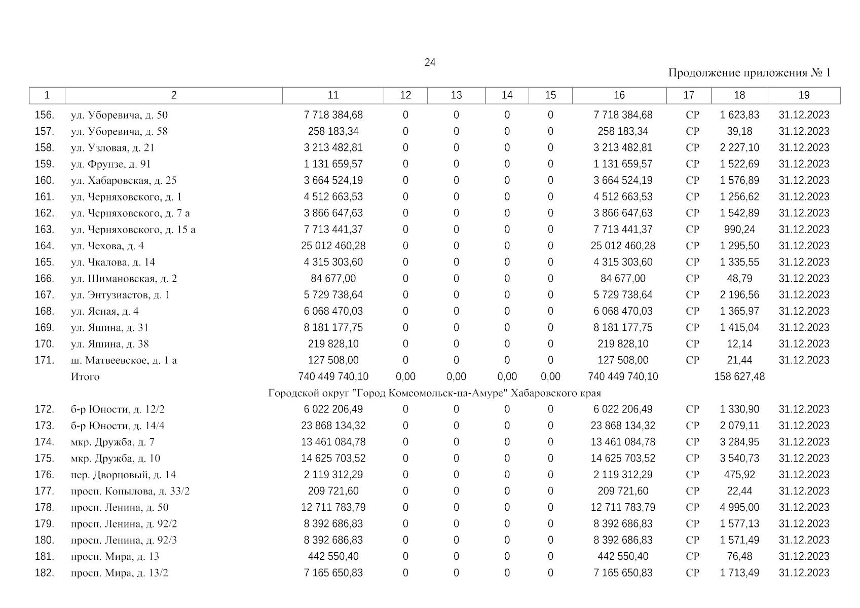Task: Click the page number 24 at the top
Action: pyautogui.click(x=430, y=62)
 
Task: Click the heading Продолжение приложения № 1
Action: pyautogui.click(x=749, y=73)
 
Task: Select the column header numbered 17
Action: pyautogui.click(x=689, y=95)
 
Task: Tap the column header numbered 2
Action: pyautogui.click(x=174, y=95)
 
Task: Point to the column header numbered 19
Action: pyautogui.click(x=804, y=95)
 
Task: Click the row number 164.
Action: pyautogui.click(x=44, y=246)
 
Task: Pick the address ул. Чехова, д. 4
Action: pyautogui.click(x=107, y=246)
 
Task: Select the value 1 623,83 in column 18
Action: pyautogui.click(x=739, y=115)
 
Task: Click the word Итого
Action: pyautogui.click(x=85, y=377)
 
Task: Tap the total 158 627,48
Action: pyautogui.click(x=739, y=377)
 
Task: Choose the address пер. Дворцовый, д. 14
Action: pyautogui.click(x=124, y=475)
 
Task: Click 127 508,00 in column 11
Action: pyautogui.click(x=333, y=360)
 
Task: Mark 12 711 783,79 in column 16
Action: pyautogui.click(x=623, y=507)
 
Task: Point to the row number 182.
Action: pyautogui.click(x=44, y=573)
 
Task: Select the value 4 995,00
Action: pyautogui.click(x=739, y=507)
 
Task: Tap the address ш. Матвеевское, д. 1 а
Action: pyautogui.click(x=124, y=360)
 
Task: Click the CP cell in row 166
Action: pyautogui.click(x=692, y=279)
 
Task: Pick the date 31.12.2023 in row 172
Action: pyautogui.click(x=804, y=409)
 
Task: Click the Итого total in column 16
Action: pyautogui.click(x=623, y=377)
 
